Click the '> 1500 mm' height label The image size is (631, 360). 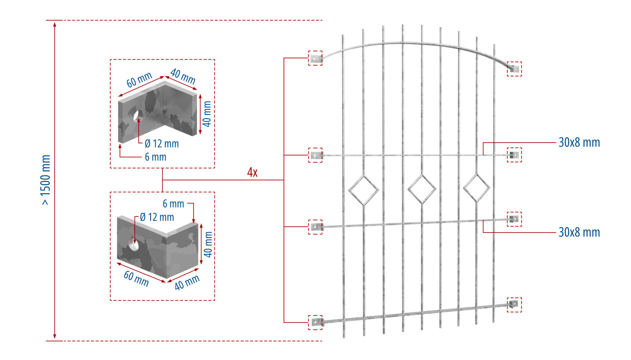(x=46, y=180)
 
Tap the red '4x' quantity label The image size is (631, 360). (x=252, y=172)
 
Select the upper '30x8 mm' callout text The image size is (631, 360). (x=579, y=143)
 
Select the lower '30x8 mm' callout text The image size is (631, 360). (x=579, y=233)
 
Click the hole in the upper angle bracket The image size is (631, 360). (x=138, y=116)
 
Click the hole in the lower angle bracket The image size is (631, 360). (x=133, y=244)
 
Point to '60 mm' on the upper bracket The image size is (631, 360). (x=139, y=80)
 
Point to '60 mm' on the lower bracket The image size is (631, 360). (x=136, y=279)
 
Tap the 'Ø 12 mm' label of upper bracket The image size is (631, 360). (x=162, y=144)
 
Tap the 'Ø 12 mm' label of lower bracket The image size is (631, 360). (x=157, y=217)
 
